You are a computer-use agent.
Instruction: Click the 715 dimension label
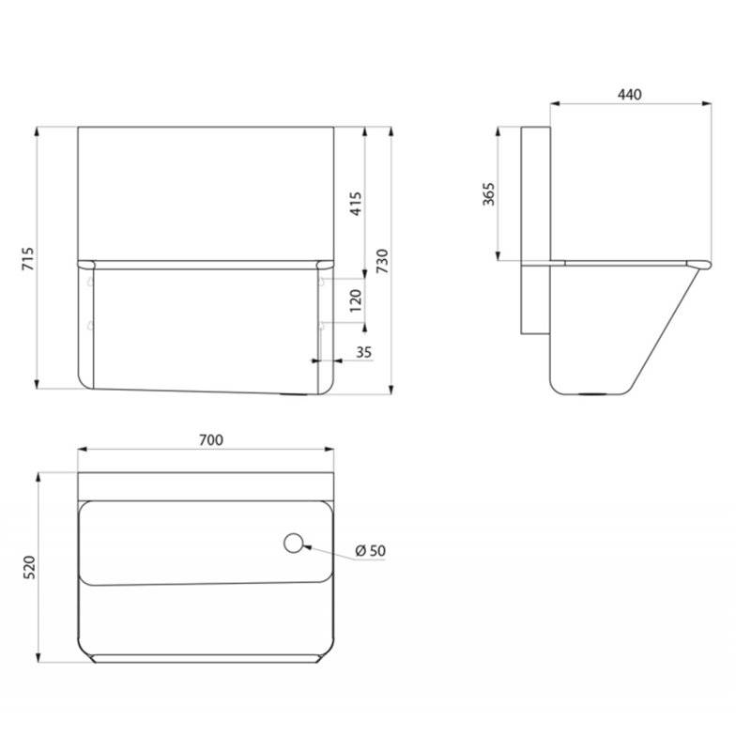[28, 259]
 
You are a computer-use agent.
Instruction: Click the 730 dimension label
[382, 261]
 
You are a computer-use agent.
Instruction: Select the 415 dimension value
[356, 204]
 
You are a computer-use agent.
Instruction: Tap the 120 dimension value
[356, 300]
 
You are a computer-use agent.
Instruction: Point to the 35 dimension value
[364, 352]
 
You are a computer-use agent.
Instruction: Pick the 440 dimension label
[629, 95]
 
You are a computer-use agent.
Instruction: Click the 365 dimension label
[488, 194]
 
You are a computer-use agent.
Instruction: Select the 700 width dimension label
[210, 439]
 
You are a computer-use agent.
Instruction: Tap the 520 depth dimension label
[29, 567]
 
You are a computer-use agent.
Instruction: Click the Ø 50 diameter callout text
[370, 551]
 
